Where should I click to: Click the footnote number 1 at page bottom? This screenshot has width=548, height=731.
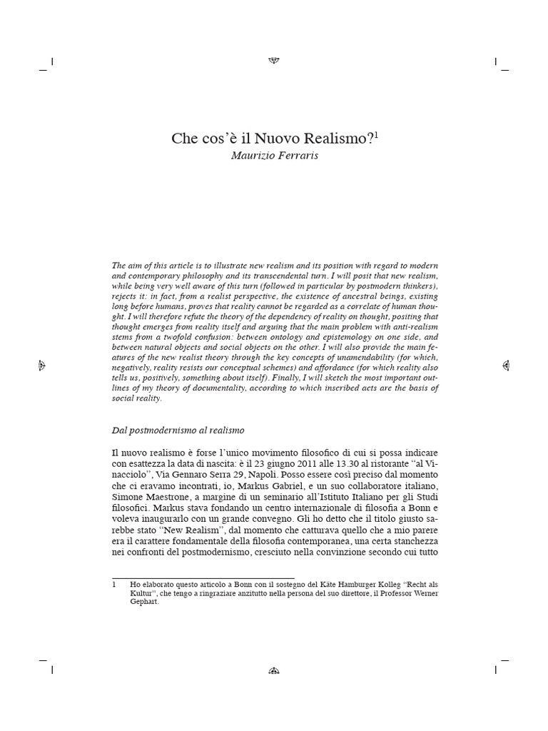114,585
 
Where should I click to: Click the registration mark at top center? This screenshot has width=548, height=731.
274,61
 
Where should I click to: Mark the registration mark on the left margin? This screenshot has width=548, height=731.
42,365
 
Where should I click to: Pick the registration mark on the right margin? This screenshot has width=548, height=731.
506,365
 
